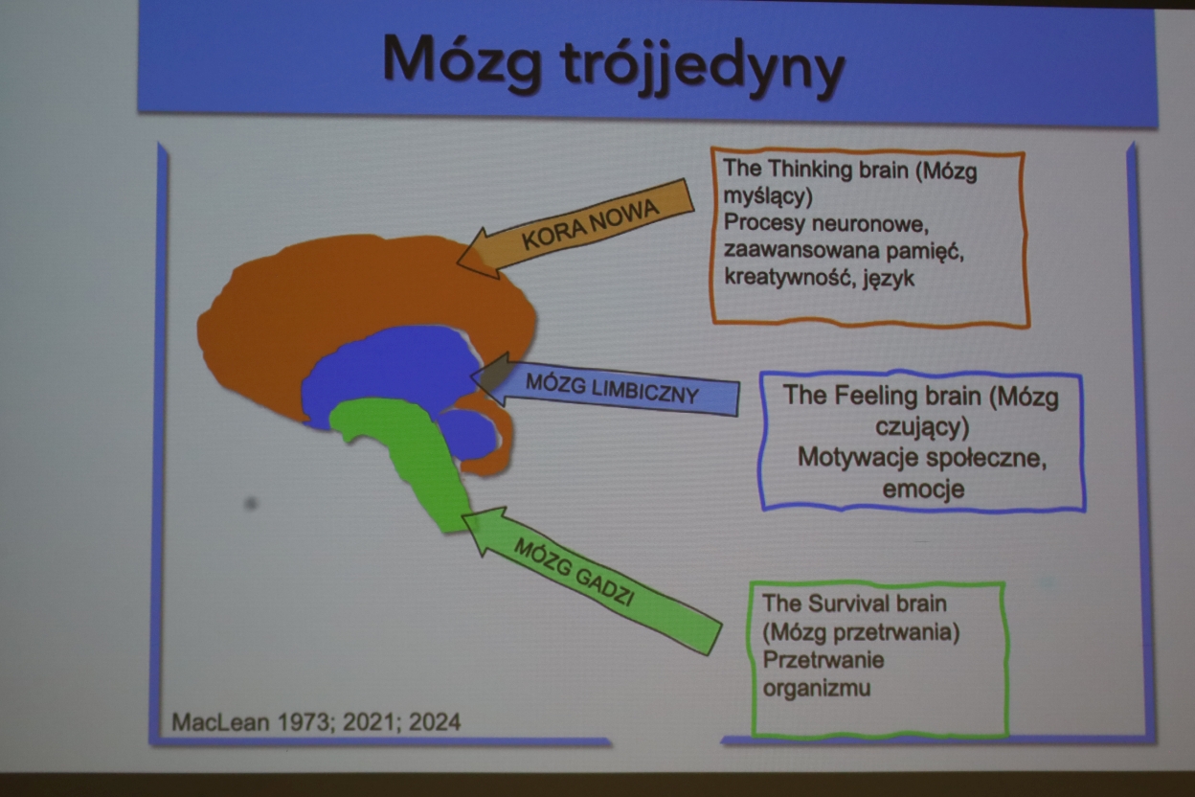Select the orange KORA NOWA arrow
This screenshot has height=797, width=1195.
point(576,230)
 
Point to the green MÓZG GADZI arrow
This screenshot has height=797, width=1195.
point(592,581)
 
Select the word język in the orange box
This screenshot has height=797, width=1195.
point(888,279)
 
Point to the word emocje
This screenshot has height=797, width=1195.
point(923,489)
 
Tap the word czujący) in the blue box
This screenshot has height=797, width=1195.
point(922,427)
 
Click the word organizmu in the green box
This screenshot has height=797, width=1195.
point(816,688)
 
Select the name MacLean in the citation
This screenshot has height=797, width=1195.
point(220,722)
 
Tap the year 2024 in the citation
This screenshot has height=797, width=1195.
point(435,722)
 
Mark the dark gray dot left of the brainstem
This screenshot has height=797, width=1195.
point(251,504)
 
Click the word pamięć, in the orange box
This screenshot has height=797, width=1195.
point(925,251)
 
